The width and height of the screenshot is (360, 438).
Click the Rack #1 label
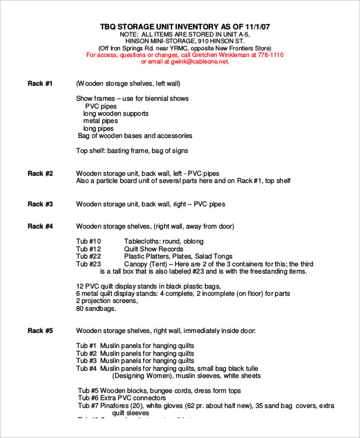coord(40,83)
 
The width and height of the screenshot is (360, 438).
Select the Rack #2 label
coord(40,173)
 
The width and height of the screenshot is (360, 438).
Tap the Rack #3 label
coord(40,204)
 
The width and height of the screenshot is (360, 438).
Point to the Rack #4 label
coord(40,226)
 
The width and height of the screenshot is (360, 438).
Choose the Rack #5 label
coord(40,331)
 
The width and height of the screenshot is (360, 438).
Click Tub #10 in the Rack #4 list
coord(89,241)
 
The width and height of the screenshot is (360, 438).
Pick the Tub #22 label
coord(89,256)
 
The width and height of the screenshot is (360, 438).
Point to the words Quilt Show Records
coord(154,248)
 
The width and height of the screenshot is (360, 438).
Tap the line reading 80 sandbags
coord(96,309)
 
